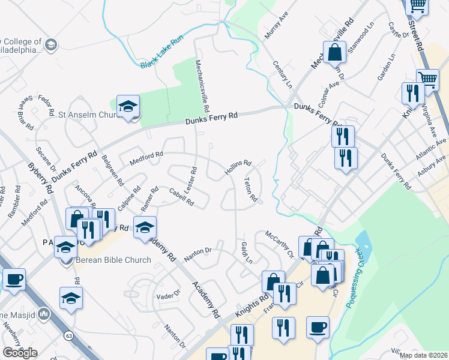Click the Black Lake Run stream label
pos(161,53)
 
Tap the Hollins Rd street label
pos(238,166)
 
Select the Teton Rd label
pos(251,189)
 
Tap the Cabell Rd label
pos(181,197)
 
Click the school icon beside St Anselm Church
pos(128,107)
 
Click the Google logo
pos(20,353)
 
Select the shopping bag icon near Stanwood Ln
pos(336,52)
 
